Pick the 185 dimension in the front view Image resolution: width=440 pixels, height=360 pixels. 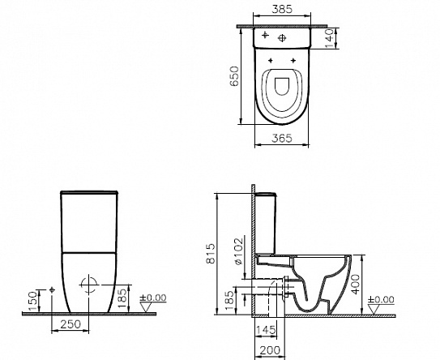(122, 294)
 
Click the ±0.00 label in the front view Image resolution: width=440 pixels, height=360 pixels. (153, 298)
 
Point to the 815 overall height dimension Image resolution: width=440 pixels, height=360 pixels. (210, 254)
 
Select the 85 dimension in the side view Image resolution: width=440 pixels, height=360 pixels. (228, 299)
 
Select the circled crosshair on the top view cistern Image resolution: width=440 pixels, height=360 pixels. (284, 37)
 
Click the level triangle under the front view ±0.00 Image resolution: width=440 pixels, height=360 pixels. (144, 307)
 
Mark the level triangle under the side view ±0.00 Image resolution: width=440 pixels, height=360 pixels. (371, 310)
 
